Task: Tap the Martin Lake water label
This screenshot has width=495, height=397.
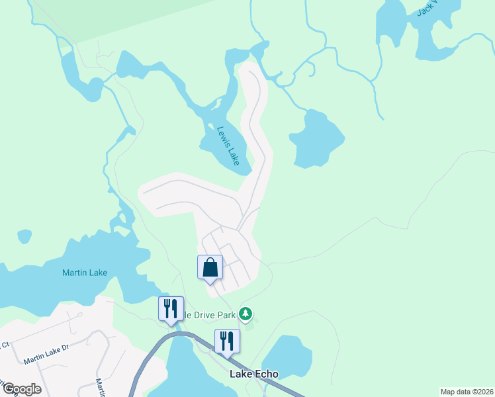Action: [x=84, y=272]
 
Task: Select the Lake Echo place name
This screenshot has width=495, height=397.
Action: [x=254, y=373]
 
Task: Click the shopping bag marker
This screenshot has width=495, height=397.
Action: [x=210, y=268]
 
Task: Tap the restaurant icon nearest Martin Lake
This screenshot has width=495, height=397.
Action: [x=170, y=308]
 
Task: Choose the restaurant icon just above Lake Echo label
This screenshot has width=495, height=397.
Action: [x=226, y=341]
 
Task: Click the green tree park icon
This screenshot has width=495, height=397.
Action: [x=246, y=313]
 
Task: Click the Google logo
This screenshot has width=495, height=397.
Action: [x=22, y=388]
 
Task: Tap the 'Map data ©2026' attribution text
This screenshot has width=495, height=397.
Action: [x=466, y=392]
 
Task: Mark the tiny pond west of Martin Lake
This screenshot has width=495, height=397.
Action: [x=24, y=236]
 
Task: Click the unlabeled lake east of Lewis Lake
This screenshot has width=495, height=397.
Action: [x=316, y=139]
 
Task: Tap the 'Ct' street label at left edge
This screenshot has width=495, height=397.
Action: [x=5, y=345]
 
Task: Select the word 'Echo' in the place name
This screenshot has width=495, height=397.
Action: [x=267, y=373]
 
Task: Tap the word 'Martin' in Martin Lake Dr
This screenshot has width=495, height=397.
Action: [x=36, y=359]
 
